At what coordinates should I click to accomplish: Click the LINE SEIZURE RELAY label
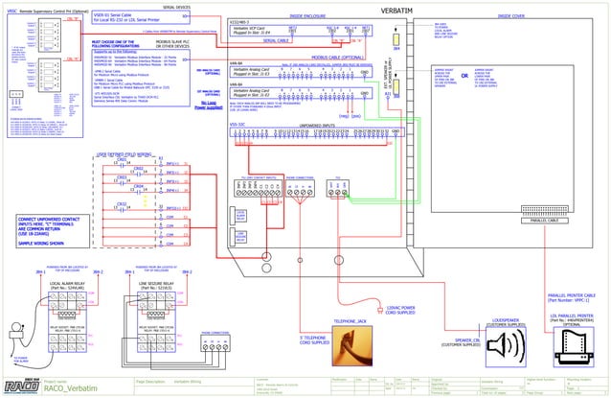pos(147,285)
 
